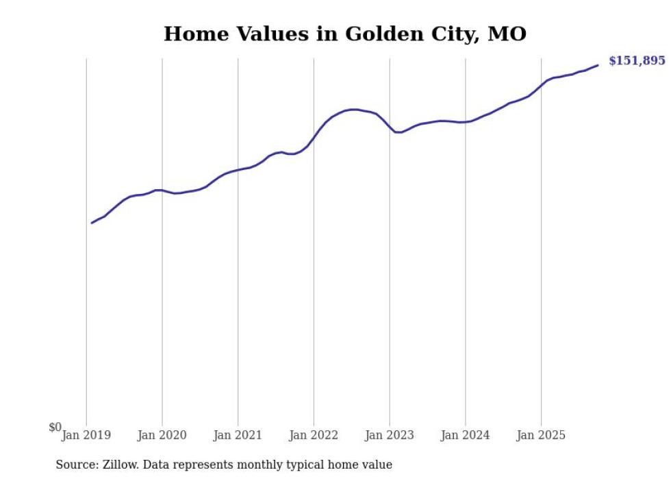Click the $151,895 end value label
(x=636, y=61)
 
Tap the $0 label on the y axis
(x=55, y=428)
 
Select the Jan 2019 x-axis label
(x=86, y=435)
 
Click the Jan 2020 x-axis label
(x=162, y=435)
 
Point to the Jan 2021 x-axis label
(x=238, y=435)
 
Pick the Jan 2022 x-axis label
(x=314, y=435)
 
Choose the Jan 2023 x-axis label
(x=390, y=435)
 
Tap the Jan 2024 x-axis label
(x=466, y=435)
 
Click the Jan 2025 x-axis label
(x=541, y=435)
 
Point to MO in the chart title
(x=507, y=34)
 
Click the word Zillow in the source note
(x=122, y=465)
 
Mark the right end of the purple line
(x=598, y=65)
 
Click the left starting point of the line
(x=92, y=223)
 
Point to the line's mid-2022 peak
(x=353, y=110)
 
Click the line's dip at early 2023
(x=398, y=132)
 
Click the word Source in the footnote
(x=76, y=465)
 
